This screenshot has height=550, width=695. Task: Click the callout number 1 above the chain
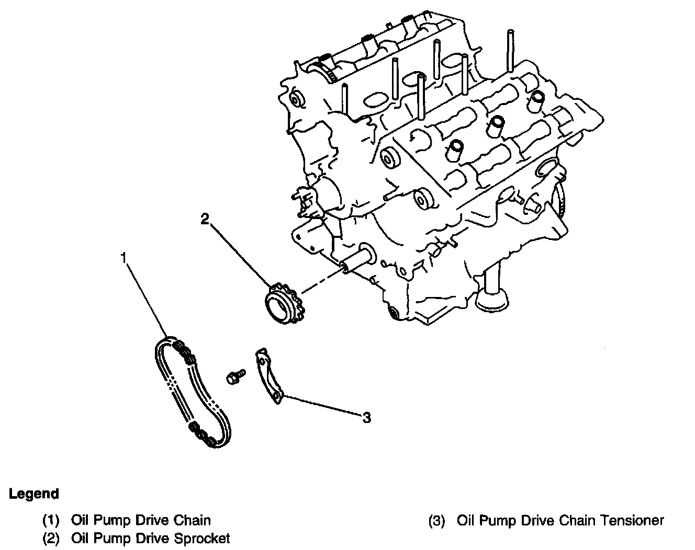124,257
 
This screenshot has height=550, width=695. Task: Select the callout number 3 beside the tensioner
367,418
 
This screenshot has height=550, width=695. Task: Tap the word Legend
33,494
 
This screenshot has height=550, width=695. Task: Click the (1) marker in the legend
51,521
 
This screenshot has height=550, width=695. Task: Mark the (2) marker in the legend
51,538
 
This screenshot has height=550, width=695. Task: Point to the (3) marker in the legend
437,521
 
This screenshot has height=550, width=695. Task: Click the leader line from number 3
319,406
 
